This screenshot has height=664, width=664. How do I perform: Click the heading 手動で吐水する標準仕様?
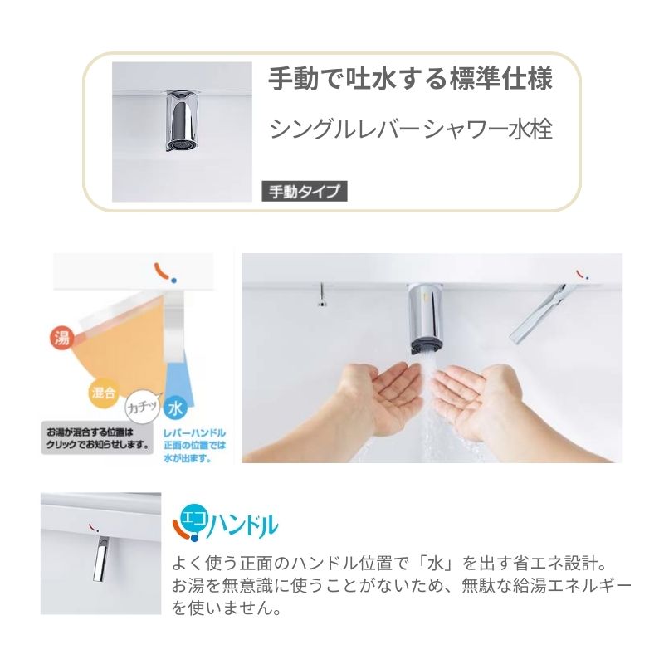coord(409,81)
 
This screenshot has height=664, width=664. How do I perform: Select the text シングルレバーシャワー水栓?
coord(411,130)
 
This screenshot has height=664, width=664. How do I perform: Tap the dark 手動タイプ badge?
coord(304,192)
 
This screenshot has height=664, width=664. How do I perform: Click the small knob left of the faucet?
coord(320,294)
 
